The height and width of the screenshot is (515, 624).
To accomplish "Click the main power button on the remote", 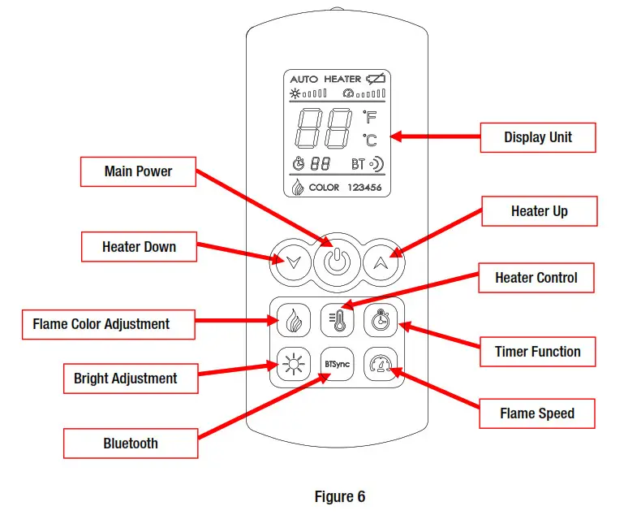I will click(337, 262).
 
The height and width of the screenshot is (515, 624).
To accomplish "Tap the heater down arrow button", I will click(292, 262).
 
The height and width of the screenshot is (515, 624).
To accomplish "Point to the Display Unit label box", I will click(538, 137).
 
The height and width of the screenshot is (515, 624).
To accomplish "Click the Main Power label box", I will click(139, 171).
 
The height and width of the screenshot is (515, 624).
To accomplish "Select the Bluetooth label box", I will click(131, 444).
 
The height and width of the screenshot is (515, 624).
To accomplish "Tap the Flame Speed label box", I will click(537, 413).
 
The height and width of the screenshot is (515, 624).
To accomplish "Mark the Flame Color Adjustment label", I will click(101, 324).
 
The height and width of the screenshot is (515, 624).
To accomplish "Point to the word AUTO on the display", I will click(304, 79).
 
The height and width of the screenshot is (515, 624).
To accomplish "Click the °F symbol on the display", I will click(370, 118).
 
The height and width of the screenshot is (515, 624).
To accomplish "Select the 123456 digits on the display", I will click(364, 188).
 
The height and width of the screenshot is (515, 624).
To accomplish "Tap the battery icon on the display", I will click(377, 79).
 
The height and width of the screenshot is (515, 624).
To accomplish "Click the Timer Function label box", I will click(538, 352).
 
